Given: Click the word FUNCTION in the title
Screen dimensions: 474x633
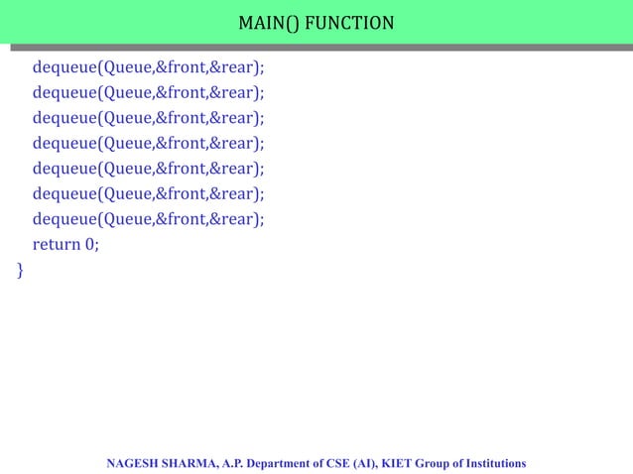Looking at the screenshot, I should tap(349, 21).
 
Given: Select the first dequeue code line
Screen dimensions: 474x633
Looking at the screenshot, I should tap(149, 67).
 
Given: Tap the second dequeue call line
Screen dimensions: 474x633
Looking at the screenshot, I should tap(149, 93).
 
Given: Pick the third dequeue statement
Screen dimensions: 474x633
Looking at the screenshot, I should tap(149, 118).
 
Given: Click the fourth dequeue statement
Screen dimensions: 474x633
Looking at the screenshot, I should tap(149, 144).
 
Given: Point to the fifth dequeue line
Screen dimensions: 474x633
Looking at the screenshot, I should tap(149, 169).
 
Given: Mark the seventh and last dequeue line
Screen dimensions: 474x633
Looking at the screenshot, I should tap(149, 219).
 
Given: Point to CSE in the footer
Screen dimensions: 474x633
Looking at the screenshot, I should tap(347, 463).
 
